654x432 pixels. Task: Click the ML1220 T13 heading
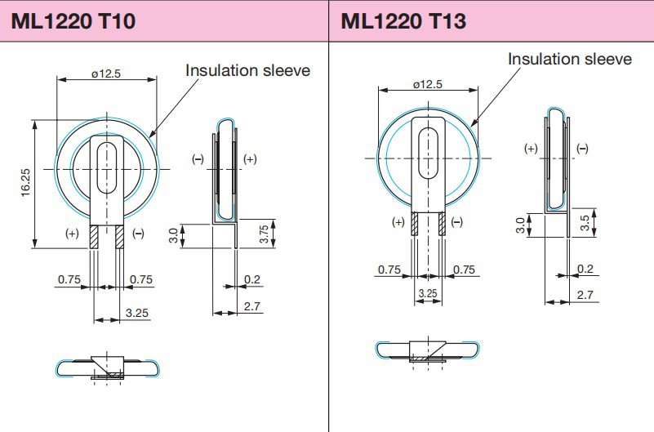403,20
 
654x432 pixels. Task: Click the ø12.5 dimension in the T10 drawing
106,73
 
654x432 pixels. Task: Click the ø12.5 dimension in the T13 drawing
428,84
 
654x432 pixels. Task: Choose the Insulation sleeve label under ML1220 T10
247,70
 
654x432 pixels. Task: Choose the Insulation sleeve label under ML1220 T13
569,59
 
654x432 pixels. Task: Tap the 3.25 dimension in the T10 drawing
136,312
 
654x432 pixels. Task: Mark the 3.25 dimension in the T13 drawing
428,292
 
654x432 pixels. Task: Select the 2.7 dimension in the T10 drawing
253,305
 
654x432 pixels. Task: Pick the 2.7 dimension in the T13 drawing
585,295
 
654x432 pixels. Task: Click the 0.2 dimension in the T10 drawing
253,279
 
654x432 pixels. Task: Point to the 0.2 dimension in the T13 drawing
585,269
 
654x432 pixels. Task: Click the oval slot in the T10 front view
106,167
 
